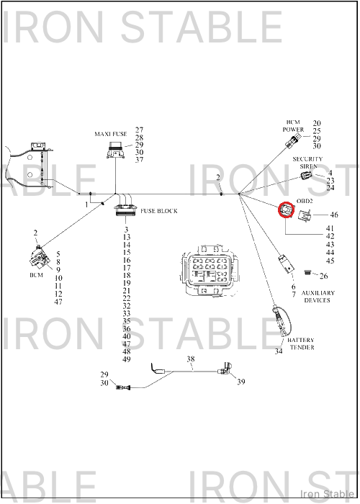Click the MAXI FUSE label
[x=111, y=134]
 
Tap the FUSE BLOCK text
[x=159, y=211]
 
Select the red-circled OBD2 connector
[x=286, y=210]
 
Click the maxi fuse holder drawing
[x=115, y=150]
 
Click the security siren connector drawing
[x=306, y=175]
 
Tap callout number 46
[x=334, y=215]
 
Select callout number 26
[x=324, y=276]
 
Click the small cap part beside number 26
[x=307, y=273]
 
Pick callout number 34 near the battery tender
[x=279, y=351]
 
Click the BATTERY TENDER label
[x=301, y=343]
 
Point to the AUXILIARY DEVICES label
[x=318, y=297]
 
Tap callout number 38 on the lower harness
[x=191, y=359]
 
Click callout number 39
[x=240, y=382]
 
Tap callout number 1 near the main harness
[x=86, y=204]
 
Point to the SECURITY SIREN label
[x=307, y=162]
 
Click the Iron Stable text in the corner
[x=327, y=494]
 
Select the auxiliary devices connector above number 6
[x=286, y=264]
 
